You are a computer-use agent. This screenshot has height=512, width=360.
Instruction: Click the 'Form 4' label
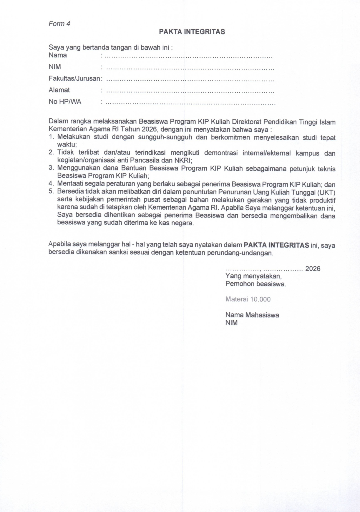point(59,24)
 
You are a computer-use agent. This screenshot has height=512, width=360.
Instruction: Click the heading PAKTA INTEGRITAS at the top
point(192,32)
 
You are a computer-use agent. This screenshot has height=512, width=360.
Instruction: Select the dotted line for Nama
point(188,57)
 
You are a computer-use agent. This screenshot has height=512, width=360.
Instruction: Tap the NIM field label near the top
point(55,67)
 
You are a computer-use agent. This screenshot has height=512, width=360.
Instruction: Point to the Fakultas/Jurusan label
point(74,79)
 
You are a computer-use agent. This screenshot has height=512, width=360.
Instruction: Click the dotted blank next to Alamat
point(190,92)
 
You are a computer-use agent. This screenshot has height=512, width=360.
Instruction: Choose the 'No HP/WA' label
point(65,102)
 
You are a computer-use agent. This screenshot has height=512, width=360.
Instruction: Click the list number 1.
point(51,137)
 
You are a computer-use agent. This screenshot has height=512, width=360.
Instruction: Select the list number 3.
point(51,168)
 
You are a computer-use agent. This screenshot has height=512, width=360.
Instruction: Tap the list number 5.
point(51,191)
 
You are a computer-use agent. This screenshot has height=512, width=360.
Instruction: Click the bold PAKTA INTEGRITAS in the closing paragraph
point(276,245)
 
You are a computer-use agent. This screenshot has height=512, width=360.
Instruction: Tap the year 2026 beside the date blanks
point(313,269)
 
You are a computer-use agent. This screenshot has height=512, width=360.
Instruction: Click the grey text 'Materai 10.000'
point(248,299)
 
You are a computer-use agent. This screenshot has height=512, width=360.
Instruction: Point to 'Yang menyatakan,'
point(253,276)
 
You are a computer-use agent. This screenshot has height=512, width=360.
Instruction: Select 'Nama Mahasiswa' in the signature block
point(252,315)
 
